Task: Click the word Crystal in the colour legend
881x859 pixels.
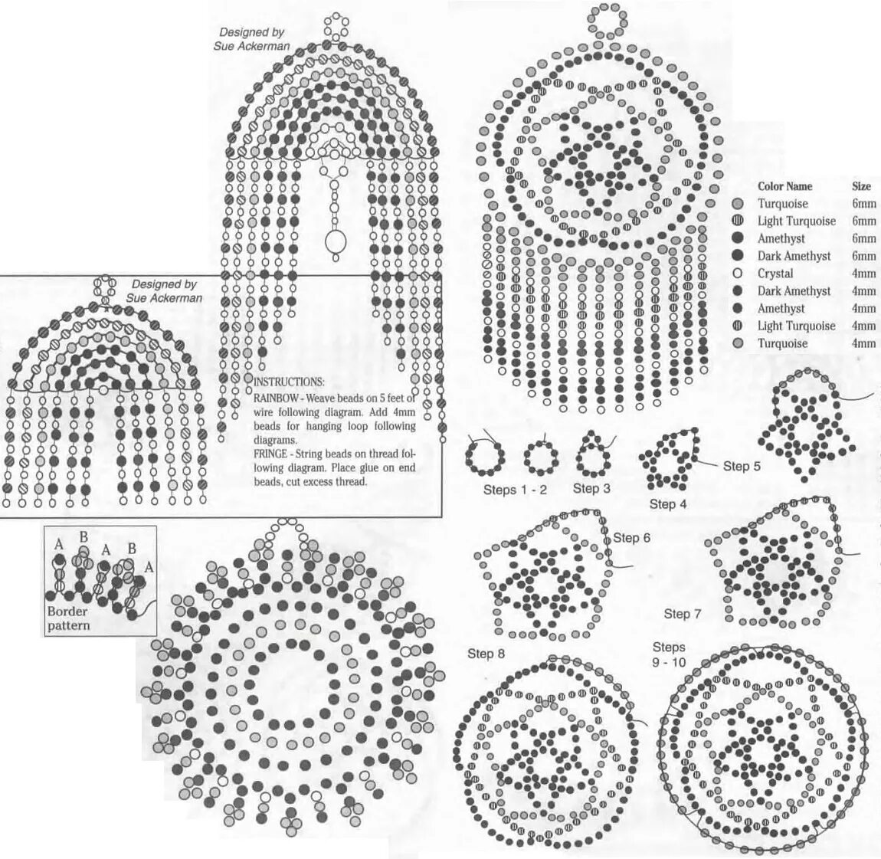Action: click(775, 274)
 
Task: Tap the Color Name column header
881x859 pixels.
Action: click(784, 186)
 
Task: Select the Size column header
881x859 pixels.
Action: click(861, 186)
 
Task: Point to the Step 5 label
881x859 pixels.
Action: click(742, 466)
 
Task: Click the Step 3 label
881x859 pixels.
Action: click(591, 488)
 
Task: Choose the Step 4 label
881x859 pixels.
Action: click(668, 503)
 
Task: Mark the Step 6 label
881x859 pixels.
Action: click(632, 538)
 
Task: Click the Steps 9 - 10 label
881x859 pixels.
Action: click(669, 654)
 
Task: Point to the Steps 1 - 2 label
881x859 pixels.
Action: click(515, 490)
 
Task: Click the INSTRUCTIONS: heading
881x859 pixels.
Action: click(289, 382)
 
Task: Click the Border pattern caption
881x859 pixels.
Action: click(68, 618)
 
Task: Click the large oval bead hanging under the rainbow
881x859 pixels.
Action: click(335, 242)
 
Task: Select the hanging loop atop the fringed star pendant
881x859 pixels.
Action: click(608, 20)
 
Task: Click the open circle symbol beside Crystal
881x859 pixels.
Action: click(738, 274)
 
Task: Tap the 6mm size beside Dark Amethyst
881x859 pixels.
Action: click(863, 256)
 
